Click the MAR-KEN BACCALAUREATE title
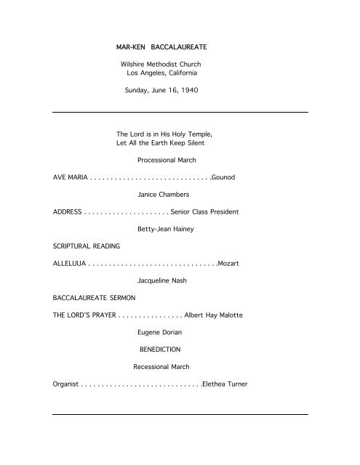[x=159, y=46]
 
